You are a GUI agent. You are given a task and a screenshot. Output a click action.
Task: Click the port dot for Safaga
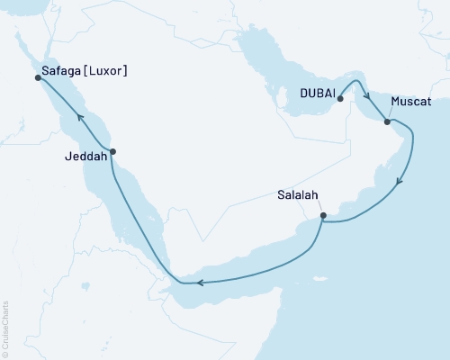click(38, 77)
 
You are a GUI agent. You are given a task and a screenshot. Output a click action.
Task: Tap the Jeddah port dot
click(112, 151)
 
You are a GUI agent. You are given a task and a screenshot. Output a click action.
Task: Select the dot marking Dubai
click(340, 100)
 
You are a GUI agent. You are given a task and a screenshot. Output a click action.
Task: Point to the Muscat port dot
click(387, 122)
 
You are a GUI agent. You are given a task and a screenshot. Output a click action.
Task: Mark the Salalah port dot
click(322, 216)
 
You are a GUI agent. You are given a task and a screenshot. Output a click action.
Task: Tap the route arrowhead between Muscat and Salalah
click(400, 183)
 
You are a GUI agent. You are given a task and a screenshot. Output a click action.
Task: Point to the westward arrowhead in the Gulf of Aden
click(200, 283)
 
